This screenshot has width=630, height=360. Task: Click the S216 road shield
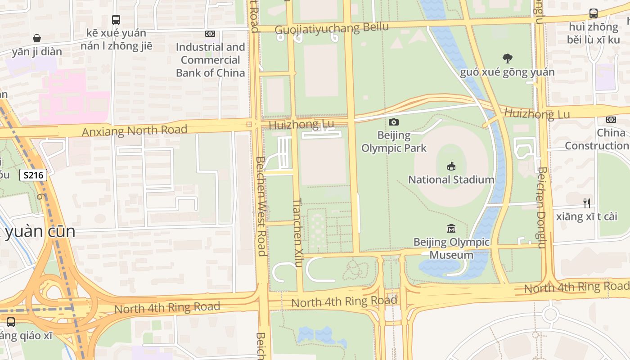coord(33,175)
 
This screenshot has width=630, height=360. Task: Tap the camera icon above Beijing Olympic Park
coord(393,122)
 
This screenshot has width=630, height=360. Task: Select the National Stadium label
coord(451,180)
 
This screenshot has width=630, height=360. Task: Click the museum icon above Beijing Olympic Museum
coord(451,229)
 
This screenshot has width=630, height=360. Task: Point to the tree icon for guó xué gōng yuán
coord(508,58)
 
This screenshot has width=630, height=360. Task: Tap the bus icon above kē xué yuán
coord(116,19)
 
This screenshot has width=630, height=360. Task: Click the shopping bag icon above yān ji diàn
coord(37,38)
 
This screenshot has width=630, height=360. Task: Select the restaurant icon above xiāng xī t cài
coord(586,203)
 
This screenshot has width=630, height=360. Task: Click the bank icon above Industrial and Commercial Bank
coord(210,34)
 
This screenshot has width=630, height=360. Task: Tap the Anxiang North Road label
coord(134,130)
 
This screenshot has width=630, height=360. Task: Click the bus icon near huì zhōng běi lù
coord(593,13)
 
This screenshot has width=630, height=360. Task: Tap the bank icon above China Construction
coord(611,120)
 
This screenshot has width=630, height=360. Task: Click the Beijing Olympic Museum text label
coord(451,248)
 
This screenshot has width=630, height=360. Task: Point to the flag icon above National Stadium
coord(451,166)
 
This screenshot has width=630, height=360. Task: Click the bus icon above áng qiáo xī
coord(10,322)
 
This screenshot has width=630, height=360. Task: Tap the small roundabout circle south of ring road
coord(550,314)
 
